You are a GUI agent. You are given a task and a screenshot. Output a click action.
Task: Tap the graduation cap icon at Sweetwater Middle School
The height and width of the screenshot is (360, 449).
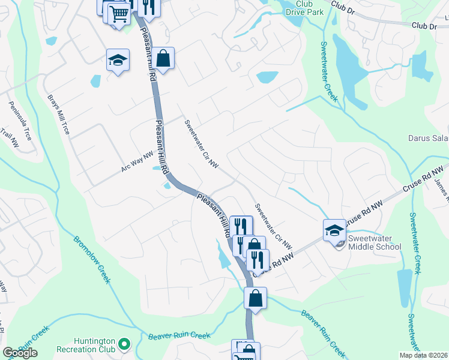(334, 229)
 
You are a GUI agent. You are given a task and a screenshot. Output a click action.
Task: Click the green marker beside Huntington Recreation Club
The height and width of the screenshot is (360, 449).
(124, 344)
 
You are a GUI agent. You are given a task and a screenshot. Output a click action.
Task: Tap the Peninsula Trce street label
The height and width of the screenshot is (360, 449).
(20, 124)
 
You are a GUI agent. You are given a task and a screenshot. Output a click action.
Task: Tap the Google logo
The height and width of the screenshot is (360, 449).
(20, 353)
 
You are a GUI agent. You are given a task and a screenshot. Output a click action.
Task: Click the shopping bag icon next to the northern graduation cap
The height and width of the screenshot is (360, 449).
(163, 58)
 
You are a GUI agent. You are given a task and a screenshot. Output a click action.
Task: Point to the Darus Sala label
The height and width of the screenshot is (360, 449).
(428, 139)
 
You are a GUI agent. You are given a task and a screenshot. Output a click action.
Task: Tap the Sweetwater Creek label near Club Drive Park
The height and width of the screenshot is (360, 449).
(328, 71)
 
